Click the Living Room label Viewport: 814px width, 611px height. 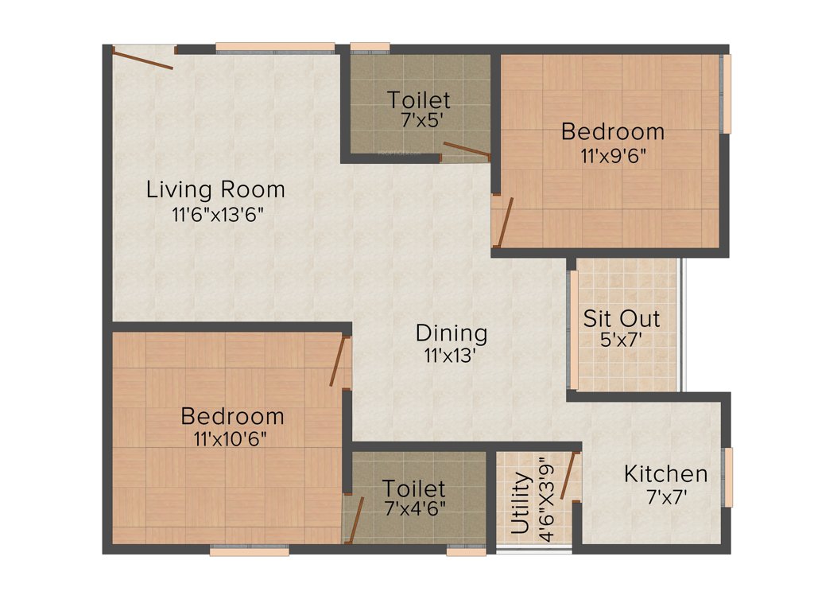click(x=215, y=190)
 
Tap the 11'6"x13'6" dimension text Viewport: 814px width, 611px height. click(x=216, y=214)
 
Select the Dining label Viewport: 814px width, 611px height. click(x=452, y=333)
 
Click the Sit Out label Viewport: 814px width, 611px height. click(x=622, y=319)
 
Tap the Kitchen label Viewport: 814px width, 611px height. click(x=665, y=475)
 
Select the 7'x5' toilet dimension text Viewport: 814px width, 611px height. click(x=418, y=123)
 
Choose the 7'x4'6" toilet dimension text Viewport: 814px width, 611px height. click(x=413, y=508)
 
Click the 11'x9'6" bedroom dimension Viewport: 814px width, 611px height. click(x=612, y=154)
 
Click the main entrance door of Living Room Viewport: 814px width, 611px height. click(x=142, y=58)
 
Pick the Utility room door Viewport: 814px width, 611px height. click(x=568, y=476)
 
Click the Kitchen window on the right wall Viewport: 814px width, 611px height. click(x=727, y=477)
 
